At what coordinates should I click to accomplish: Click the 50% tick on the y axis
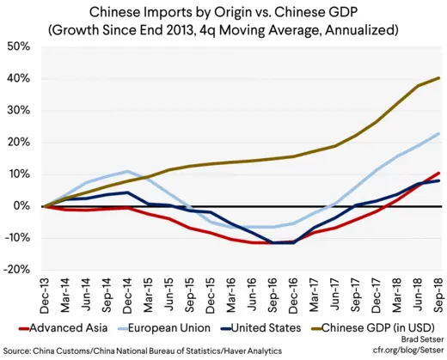coord(19,46)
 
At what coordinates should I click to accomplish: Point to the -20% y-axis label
coord(17,270)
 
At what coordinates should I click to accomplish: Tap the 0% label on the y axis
coord(22,206)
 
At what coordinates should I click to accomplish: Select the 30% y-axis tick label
coord(19,110)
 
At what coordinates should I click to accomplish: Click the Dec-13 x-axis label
coord(43,295)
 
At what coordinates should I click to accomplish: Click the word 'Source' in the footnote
coord(21,351)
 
